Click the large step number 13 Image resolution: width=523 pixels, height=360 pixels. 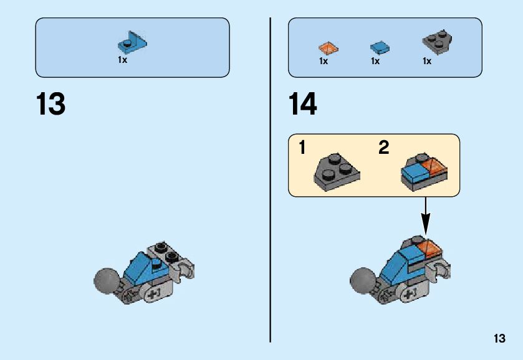(50, 105)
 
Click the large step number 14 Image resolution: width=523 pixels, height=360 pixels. (303, 105)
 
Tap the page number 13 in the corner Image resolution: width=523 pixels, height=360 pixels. (499, 339)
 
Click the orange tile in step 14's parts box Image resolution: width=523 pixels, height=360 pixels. (327, 47)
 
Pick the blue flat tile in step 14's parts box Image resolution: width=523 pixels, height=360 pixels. (380, 47)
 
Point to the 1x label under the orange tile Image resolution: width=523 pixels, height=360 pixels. (324, 61)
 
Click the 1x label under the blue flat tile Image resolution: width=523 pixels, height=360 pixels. (375, 61)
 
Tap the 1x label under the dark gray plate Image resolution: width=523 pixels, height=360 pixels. (427, 61)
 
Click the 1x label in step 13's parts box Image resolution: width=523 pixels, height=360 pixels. (122, 60)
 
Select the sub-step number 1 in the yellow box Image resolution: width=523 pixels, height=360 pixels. (302, 148)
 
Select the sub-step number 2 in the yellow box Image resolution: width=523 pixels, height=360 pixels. (383, 148)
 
